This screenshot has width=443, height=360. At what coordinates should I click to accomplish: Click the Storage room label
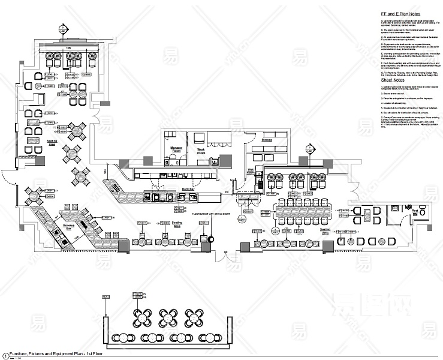[267, 139]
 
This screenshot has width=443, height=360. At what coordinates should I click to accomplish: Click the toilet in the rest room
[422, 211]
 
